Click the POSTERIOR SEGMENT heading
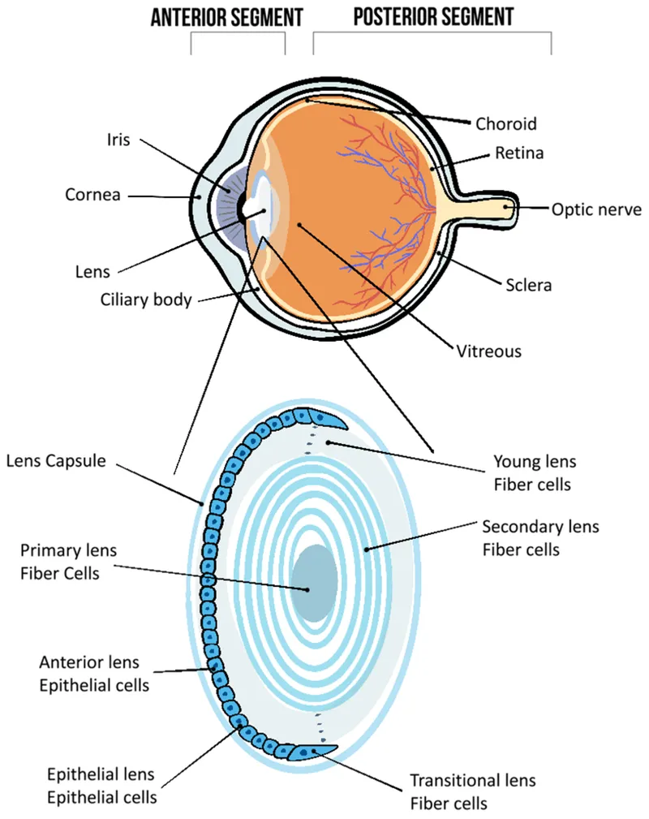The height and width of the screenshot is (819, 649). pyautogui.click(x=433, y=17)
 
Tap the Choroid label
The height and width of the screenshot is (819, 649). pyautogui.click(x=505, y=124)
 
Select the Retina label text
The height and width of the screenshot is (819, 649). pyautogui.click(x=519, y=153)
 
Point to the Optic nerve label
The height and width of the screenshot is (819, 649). pyautogui.click(x=596, y=209)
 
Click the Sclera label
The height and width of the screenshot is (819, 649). pyautogui.click(x=529, y=285)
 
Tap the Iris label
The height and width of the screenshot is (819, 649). pyautogui.click(x=118, y=139)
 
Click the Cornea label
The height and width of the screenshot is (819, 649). pyautogui.click(x=92, y=195)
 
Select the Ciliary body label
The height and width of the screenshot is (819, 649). pyautogui.click(x=146, y=300)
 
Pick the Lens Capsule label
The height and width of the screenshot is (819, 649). pyautogui.click(x=56, y=461)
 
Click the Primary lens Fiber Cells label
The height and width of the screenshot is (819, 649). pyautogui.click(x=68, y=562)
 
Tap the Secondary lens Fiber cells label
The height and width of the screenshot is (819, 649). pyautogui.click(x=540, y=537)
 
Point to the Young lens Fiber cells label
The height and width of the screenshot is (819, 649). pyautogui.click(x=535, y=472)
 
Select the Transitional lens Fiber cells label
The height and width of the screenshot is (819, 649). pyautogui.click(x=472, y=791)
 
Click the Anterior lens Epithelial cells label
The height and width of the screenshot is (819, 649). pyautogui.click(x=94, y=674)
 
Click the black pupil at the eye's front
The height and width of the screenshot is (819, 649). pyautogui.click(x=242, y=209)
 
